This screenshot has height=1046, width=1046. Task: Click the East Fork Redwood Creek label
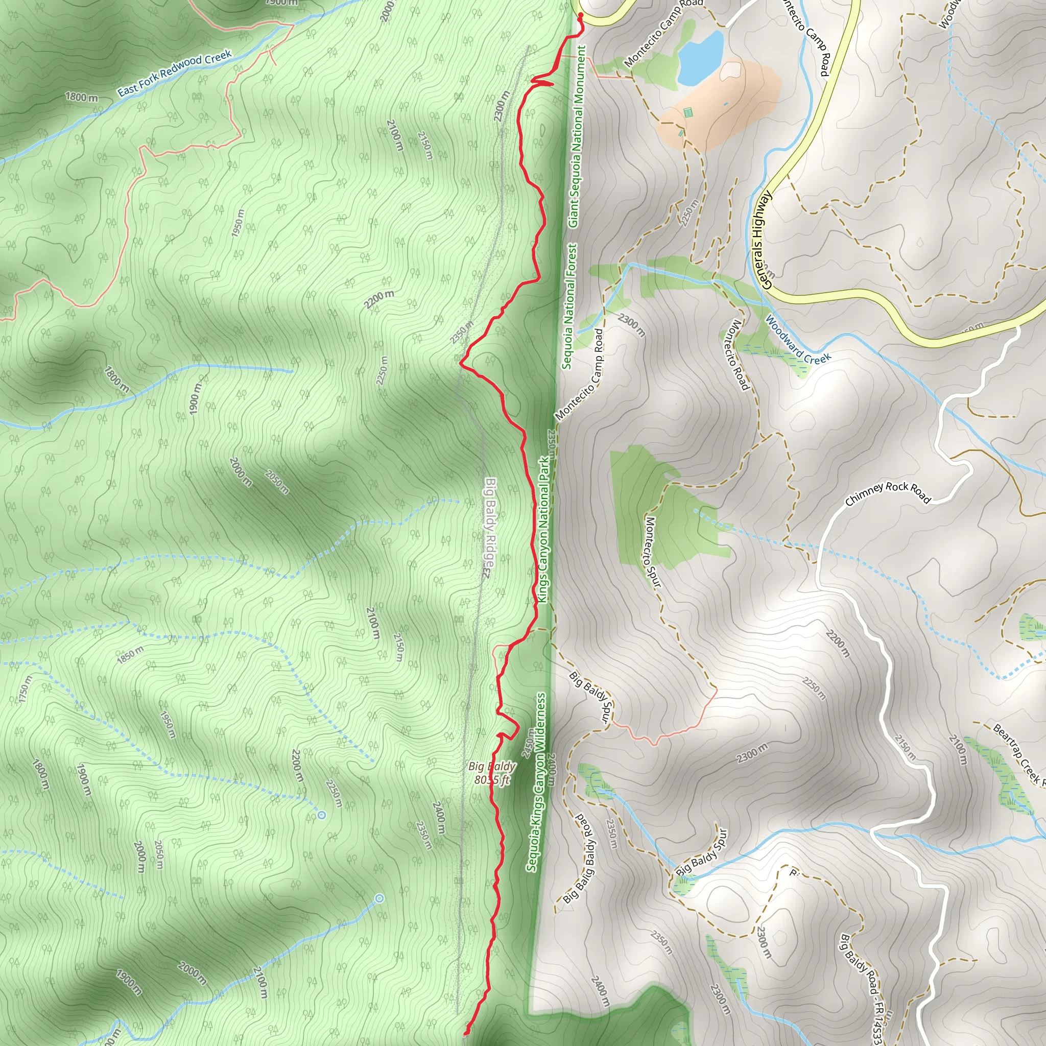(174, 73)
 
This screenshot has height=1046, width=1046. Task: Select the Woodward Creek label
(797, 340)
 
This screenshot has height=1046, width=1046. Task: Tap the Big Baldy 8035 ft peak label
(492, 773)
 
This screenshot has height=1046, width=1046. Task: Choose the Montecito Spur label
(653, 552)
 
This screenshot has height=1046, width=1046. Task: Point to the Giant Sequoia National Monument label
(577, 136)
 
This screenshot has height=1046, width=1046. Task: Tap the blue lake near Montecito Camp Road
(700, 58)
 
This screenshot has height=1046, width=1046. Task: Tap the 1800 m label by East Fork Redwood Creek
(81, 98)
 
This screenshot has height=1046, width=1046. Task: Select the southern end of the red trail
(465, 1034)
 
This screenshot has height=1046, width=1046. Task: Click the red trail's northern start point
(580, 15)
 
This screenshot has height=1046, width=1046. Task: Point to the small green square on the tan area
(688, 112)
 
